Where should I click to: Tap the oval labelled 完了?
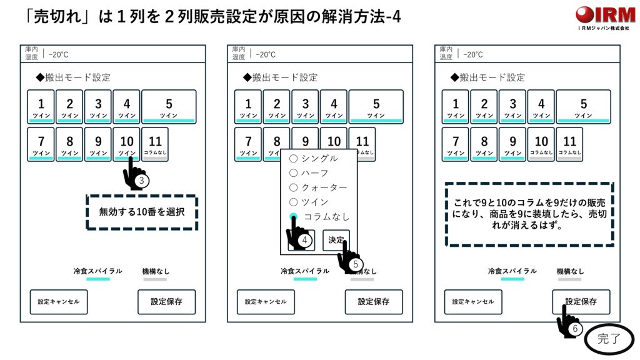609,340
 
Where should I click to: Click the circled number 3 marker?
142,181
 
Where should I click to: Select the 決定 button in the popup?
336,240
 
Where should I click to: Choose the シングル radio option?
293,159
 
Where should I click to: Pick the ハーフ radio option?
293,173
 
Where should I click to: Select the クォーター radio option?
293,187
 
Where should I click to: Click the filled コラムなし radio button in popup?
293,216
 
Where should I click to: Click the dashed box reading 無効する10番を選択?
142,212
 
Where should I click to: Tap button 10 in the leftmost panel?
127,144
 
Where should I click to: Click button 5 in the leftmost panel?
169,107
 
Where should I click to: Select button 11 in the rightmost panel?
569,144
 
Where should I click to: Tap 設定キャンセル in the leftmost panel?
59,302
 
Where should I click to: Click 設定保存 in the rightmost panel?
581,302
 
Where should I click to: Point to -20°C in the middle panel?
266,54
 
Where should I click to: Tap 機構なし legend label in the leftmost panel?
156,271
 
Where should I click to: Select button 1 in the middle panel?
248,107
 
